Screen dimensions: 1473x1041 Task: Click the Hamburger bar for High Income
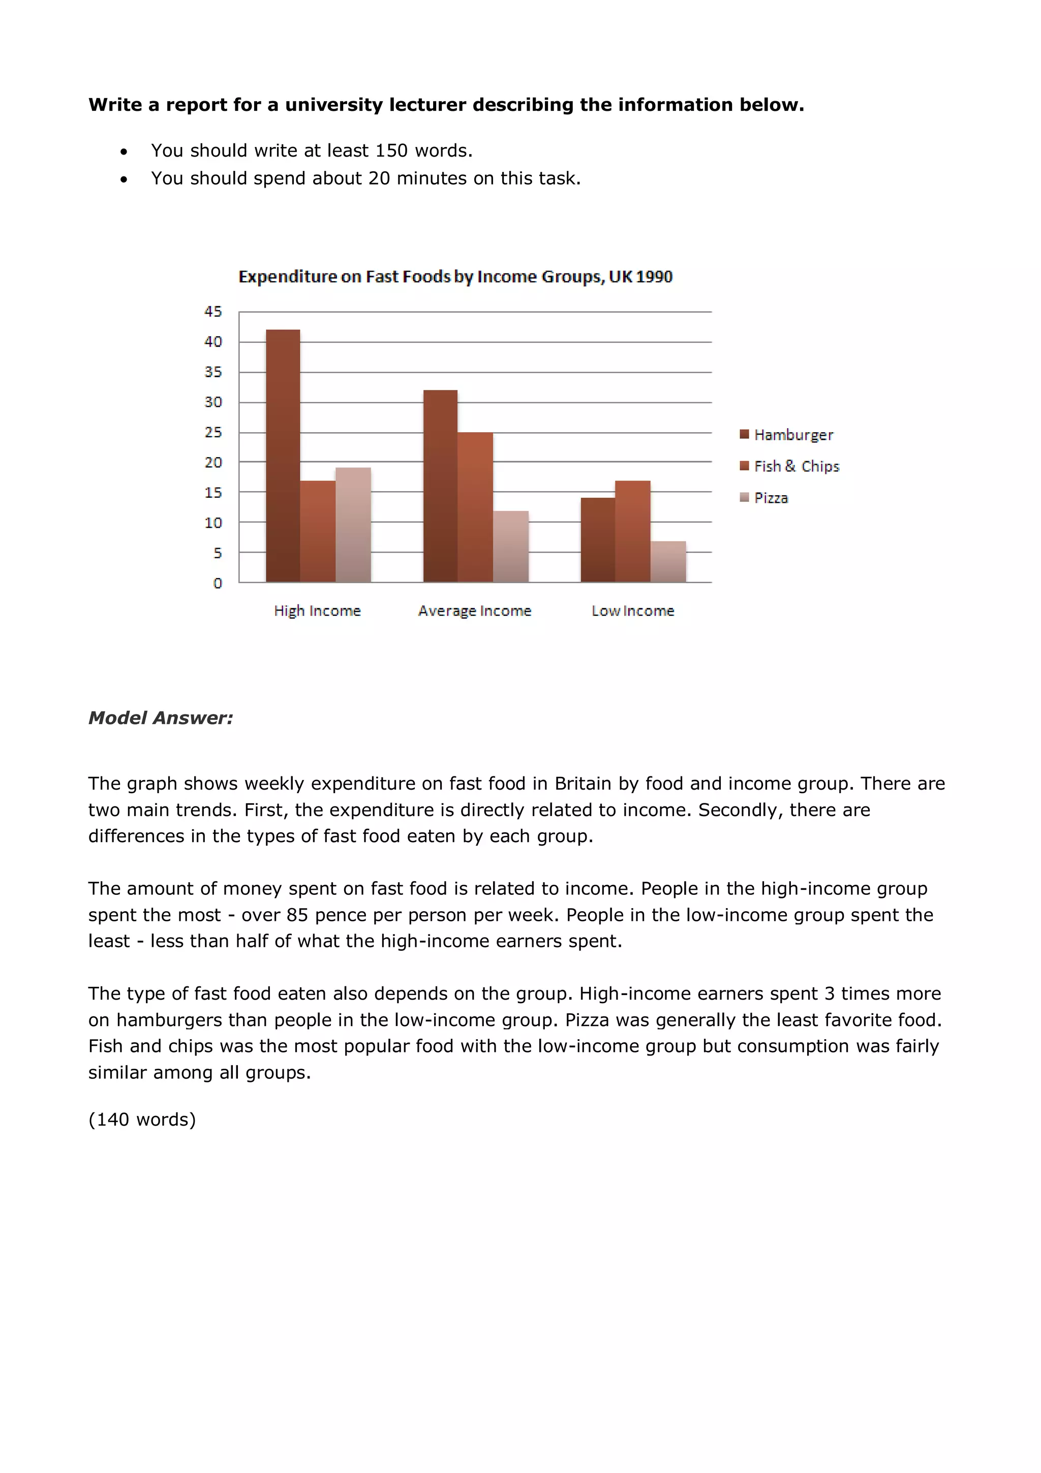tap(283, 456)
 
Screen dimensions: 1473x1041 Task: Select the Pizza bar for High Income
tap(353, 525)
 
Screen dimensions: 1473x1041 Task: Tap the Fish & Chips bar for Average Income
tap(475, 507)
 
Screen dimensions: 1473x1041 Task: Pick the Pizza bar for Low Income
tap(668, 562)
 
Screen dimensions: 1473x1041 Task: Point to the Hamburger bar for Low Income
tap(598, 540)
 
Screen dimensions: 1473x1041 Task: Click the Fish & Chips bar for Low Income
tap(632, 531)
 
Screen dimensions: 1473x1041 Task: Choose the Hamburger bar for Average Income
tap(440, 486)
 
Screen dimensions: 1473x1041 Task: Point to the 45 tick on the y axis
tap(213, 312)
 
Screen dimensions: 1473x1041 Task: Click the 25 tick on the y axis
tap(213, 432)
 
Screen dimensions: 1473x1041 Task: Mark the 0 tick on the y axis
tap(218, 583)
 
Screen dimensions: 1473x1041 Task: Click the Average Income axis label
tap(475, 611)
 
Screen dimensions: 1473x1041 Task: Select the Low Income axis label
tap(632, 611)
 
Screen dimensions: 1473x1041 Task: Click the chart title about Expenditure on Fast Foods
tap(455, 277)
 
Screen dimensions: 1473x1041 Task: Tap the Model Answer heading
tap(160, 718)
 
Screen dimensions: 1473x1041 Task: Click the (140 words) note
tap(142, 1119)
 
